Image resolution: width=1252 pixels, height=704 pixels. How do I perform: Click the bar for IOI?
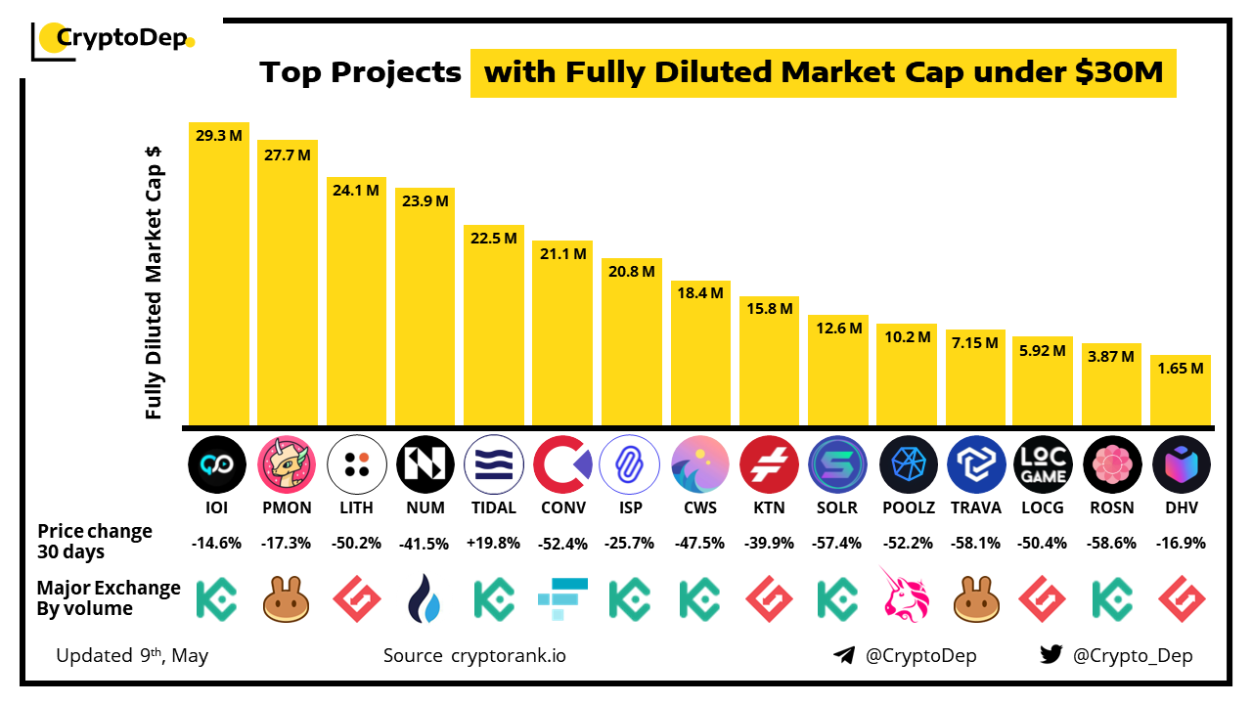tap(219, 284)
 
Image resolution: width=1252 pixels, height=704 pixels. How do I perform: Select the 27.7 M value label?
tap(288, 154)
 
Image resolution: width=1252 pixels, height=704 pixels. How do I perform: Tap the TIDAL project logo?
tap(494, 463)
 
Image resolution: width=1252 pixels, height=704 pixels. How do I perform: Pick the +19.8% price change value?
tap(494, 543)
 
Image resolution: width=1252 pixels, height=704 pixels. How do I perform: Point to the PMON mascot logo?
tap(287, 463)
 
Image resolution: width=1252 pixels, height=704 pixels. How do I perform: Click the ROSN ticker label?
tap(1112, 507)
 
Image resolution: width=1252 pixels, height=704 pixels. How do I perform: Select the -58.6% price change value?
tap(1112, 543)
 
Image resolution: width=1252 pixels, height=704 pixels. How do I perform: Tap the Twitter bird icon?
tap(1051, 655)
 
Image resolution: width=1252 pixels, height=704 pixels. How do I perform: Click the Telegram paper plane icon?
tap(844, 655)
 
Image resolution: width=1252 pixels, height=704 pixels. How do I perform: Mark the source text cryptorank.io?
tap(508, 655)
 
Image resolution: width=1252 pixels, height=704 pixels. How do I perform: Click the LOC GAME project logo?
tap(1044, 463)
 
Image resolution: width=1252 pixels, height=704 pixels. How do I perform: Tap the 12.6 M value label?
tap(839, 329)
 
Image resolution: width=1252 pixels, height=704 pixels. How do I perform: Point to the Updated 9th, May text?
tap(132, 655)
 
